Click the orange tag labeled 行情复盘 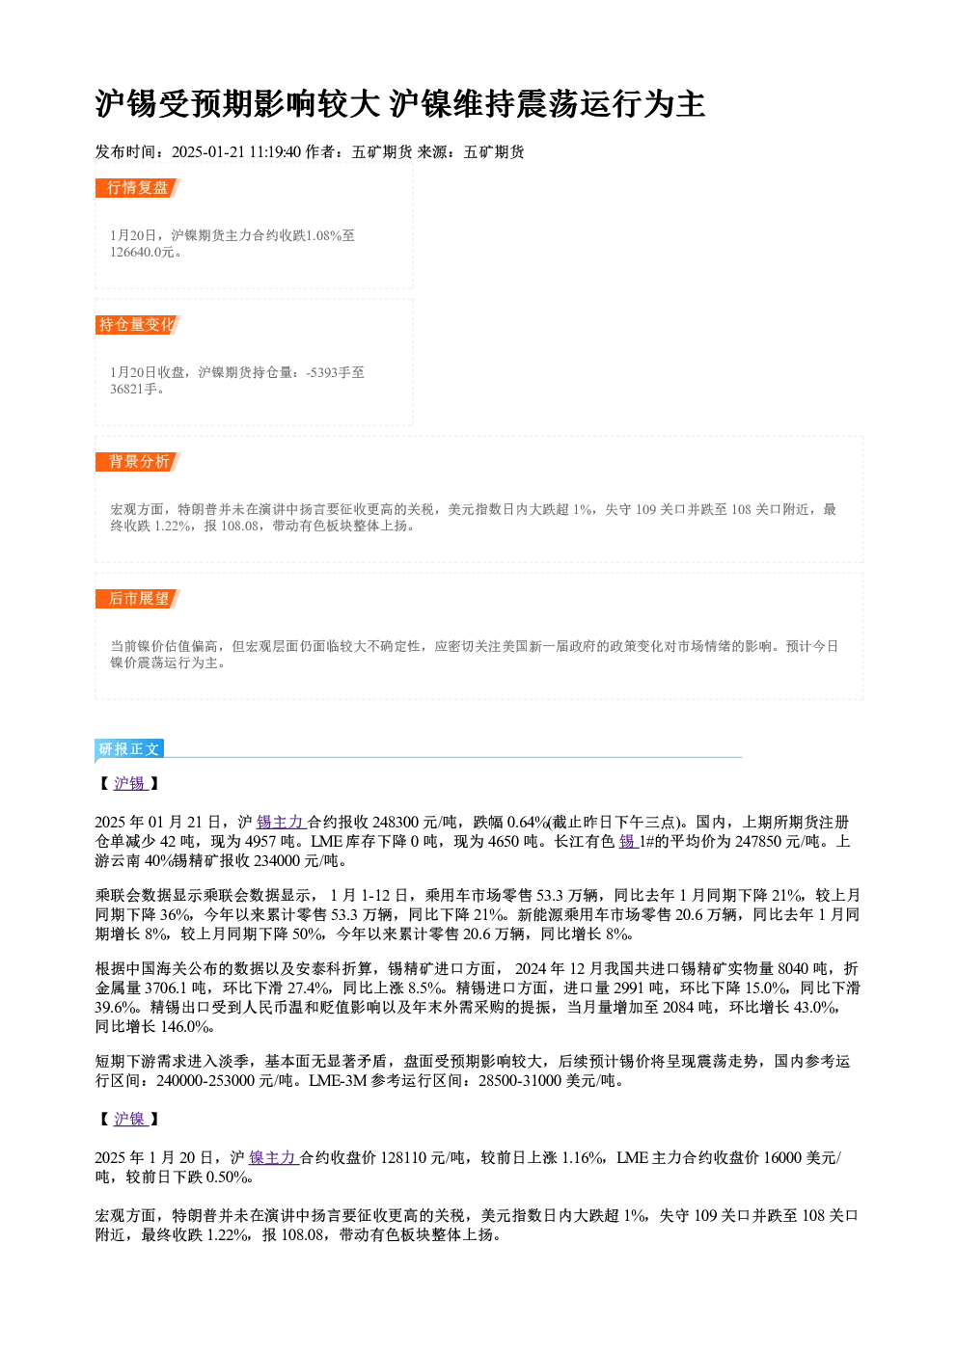[137, 188]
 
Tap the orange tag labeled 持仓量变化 [137, 325]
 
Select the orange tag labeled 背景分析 [137, 462]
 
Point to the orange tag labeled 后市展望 [137, 599]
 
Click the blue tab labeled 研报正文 [129, 749]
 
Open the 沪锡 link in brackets [130, 783]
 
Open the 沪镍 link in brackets [130, 1120]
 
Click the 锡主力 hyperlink [281, 822]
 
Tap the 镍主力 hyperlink [273, 1158]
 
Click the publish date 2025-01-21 [208, 152]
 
